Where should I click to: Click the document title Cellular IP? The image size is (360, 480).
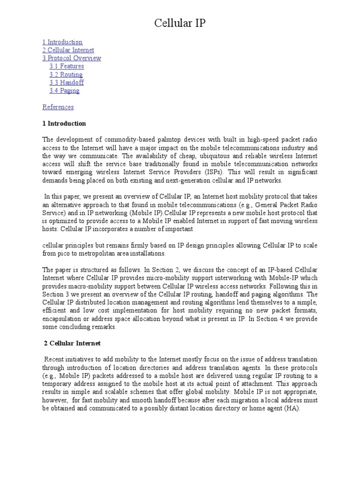tap(180, 23)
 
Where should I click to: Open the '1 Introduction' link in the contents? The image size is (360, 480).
tap(62, 42)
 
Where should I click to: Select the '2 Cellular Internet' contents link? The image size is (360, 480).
tap(68, 50)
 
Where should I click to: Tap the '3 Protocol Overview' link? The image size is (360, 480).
tap(72, 58)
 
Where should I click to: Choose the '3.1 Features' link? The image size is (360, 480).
tap(67, 66)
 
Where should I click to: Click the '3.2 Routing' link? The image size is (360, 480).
tap(66, 75)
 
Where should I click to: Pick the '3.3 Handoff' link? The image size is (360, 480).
tap(67, 82)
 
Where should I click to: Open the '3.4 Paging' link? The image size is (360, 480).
tap(64, 90)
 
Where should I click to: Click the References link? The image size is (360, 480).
tap(58, 107)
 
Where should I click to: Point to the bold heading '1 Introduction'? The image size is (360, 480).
tap(64, 123)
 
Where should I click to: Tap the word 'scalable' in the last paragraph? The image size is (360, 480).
tap(123, 392)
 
